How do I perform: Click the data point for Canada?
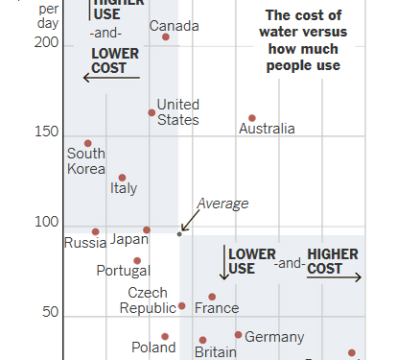[166, 36]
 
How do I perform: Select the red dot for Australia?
[252, 118]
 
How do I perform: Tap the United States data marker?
[152, 112]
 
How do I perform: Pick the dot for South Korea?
[88, 143]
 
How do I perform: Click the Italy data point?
[122, 178]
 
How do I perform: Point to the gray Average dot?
[179, 233]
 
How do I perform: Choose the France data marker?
[212, 297]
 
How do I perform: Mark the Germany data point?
[239, 334]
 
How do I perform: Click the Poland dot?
[165, 337]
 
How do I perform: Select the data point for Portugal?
[137, 260]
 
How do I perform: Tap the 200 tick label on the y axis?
[47, 44]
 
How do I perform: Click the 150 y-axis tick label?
[47, 133]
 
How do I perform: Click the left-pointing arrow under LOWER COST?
[111, 78]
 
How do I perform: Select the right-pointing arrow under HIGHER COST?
[335, 278]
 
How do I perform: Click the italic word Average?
[222, 204]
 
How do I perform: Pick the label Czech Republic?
[148, 300]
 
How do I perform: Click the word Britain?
[215, 352]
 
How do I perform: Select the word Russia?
[85, 243]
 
